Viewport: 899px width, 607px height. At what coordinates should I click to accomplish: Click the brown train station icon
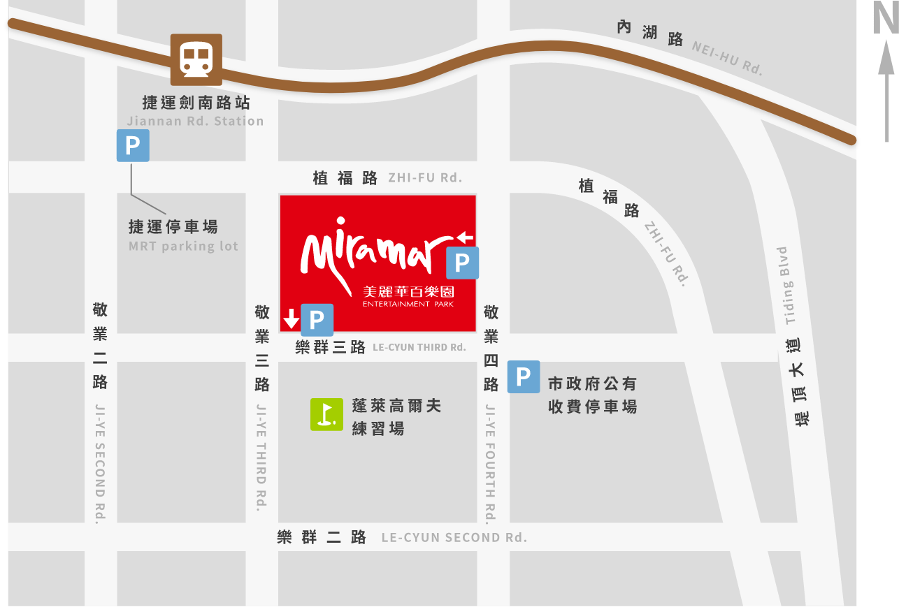pyautogui.click(x=196, y=59)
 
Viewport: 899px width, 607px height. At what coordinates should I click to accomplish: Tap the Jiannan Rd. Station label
pyautogui.click(x=195, y=121)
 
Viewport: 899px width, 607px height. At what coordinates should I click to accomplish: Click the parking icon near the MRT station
pyautogui.click(x=133, y=146)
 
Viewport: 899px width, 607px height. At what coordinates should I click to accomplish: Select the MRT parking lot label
pyautogui.click(x=183, y=246)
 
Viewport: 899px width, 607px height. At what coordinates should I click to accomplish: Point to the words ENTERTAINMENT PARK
pyautogui.click(x=408, y=305)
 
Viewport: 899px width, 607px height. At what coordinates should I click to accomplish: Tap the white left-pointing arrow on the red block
pyautogui.click(x=464, y=237)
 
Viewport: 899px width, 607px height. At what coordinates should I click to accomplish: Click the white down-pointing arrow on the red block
pyautogui.click(x=291, y=320)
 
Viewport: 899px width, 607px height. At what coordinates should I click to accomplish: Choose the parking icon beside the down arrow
pyautogui.click(x=317, y=320)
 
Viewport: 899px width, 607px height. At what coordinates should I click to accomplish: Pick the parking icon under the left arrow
pyautogui.click(x=462, y=263)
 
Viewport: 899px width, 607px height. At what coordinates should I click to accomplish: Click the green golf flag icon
pyautogui.click(x=326, y=414)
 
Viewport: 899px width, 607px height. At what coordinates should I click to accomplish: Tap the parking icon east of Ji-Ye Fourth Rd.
pyautogui.click(x=523, y=377)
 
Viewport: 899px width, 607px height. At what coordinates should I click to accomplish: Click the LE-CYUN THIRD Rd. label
pyautogui.click(x=419, y=347)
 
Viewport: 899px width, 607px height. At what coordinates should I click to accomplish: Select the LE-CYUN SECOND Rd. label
pyautogui.click(x=454, y=537)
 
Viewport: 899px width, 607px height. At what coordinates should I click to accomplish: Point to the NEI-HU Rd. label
pyautogui.click(x=727, y=57)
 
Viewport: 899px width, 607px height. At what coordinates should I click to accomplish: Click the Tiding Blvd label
pyautogui.click(x=789, y=286)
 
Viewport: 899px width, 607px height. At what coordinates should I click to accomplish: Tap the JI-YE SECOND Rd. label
pyautogui.click(x=101, y=462)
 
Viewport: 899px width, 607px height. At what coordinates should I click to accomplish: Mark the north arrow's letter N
pyautogui.click(x=885, y=18)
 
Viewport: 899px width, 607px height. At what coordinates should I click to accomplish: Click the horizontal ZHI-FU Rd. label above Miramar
pyautogui.click(x=425, y=177)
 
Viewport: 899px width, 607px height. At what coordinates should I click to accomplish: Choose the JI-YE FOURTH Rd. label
pyautogui.click(x=491, y=462)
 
